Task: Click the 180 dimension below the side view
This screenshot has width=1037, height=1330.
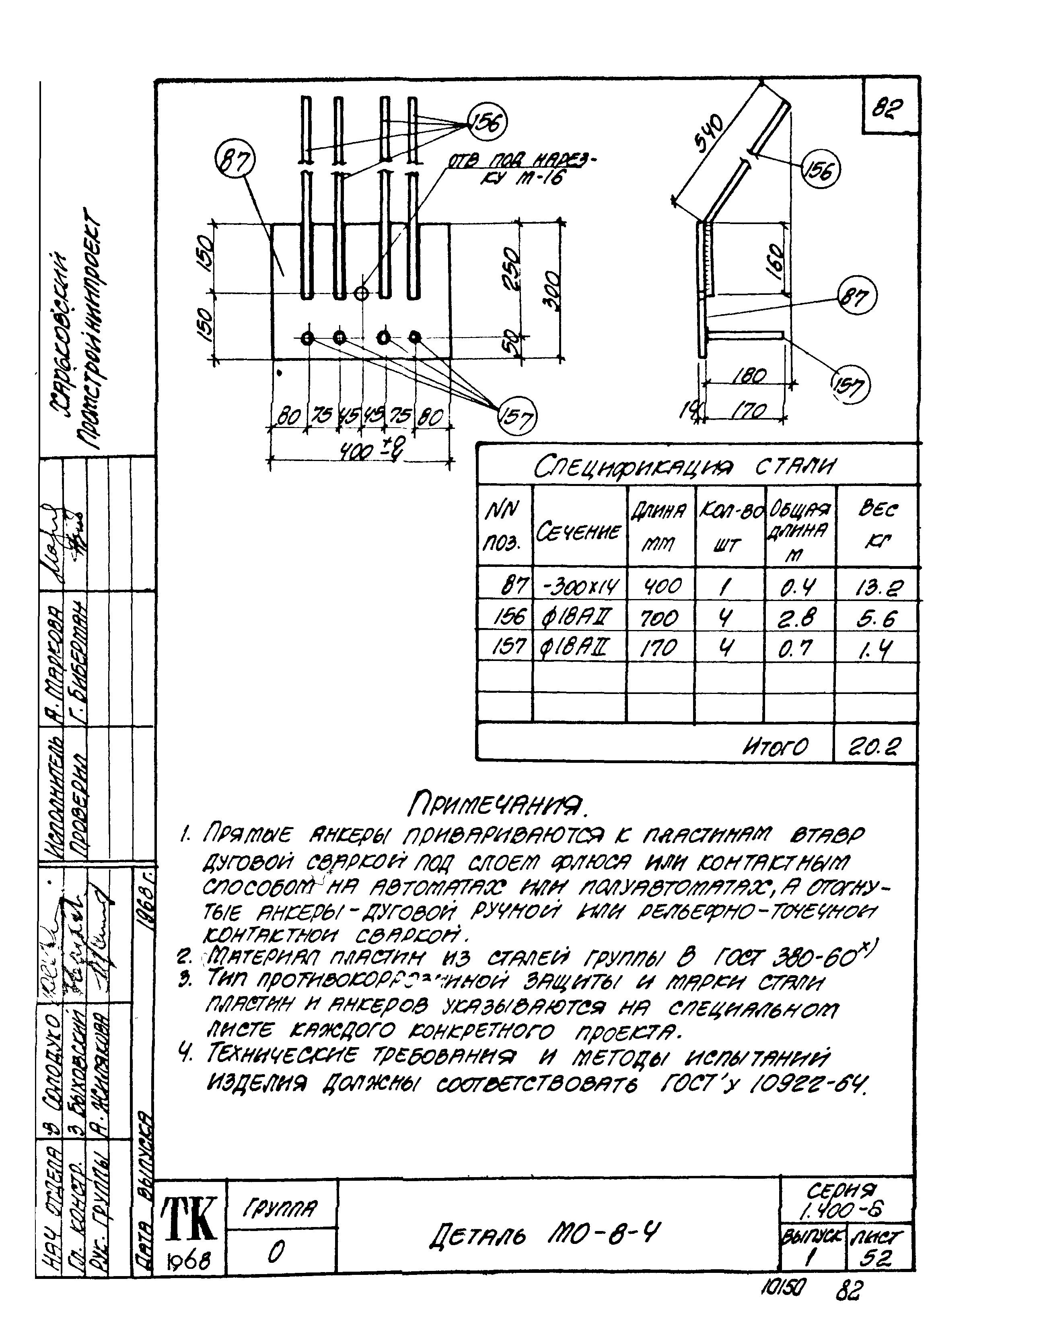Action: point(749,376)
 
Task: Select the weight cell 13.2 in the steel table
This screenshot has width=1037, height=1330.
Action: point(877,587)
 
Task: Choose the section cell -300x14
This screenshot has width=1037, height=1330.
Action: point(580,587)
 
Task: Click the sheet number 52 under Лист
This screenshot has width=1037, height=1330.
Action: point(877,1257)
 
